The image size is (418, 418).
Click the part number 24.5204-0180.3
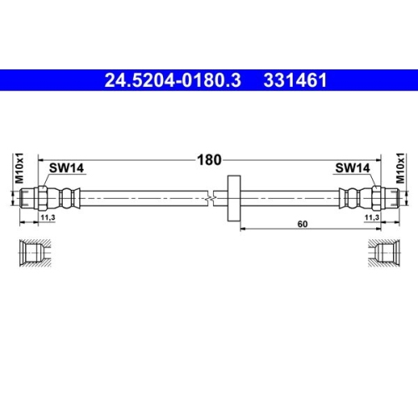point(171,81)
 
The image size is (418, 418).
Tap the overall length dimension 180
point(208,157)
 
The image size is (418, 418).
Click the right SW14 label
point(352,169)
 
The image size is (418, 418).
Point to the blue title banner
point(209,81)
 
